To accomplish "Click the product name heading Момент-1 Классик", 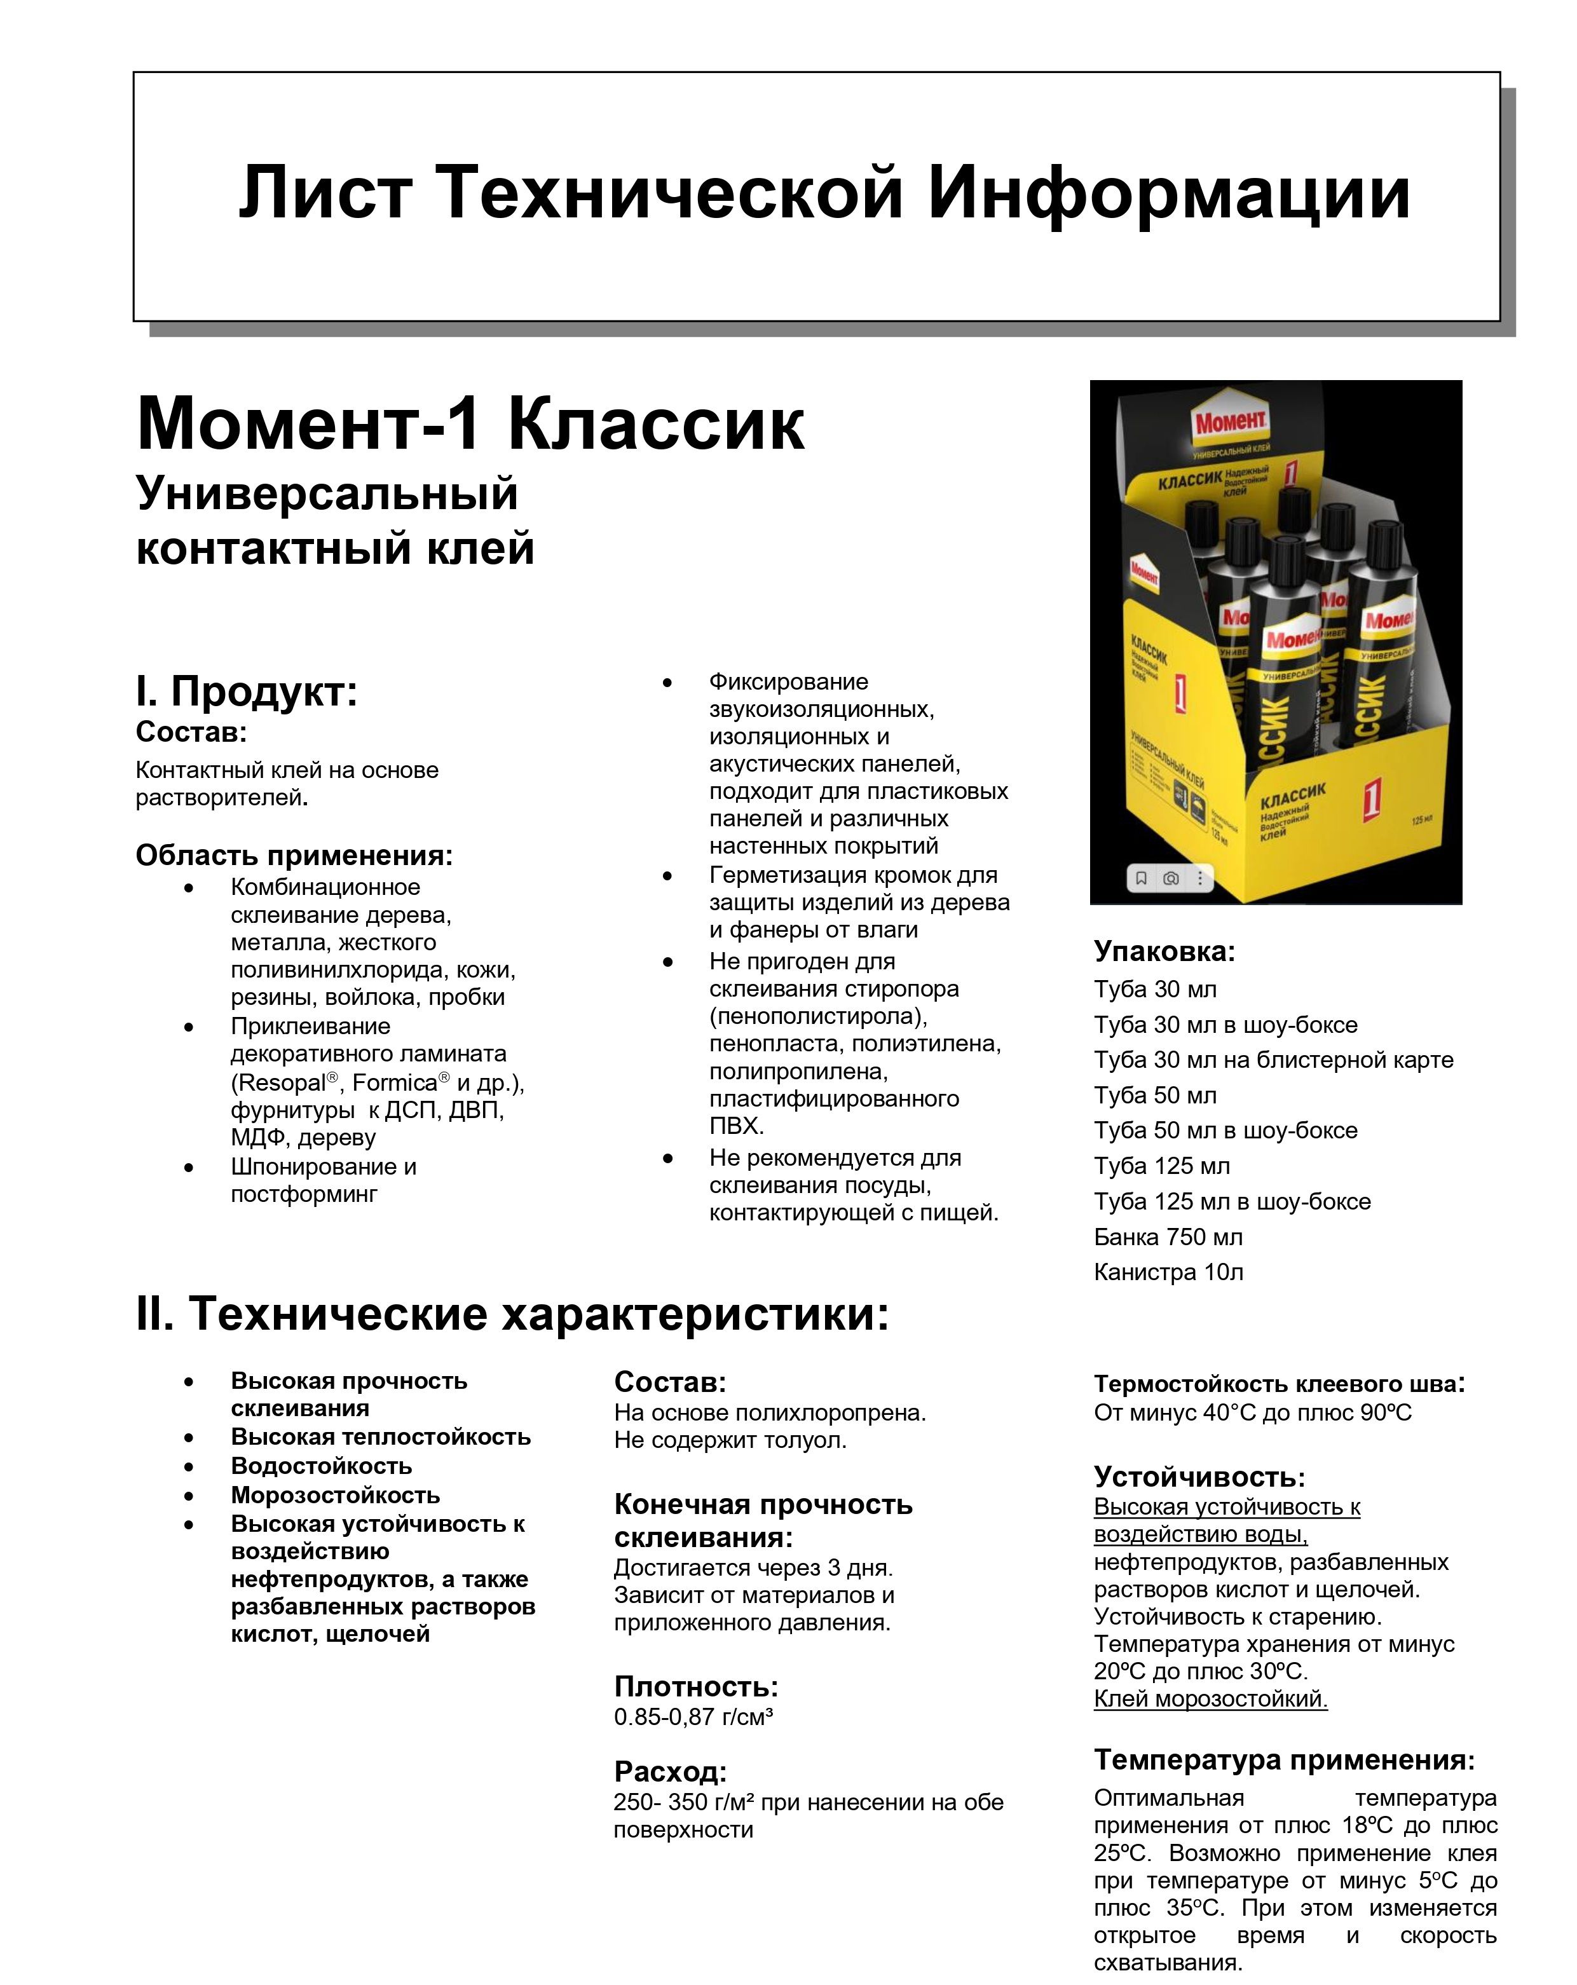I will [470, 425].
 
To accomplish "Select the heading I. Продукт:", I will [246, 690].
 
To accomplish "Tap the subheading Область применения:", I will [294, 856].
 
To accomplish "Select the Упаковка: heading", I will [1164, 951].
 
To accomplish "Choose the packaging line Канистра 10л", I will [1167, 1272].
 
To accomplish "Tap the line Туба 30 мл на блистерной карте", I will [1273, 1060].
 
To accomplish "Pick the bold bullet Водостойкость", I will [320, 1466].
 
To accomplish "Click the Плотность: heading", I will [695, 1687].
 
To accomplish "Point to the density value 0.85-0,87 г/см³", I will [692, 1717].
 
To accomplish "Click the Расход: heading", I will [669, 1771].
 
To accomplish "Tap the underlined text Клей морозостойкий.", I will [1210, 1699].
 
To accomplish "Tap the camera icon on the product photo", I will [1170, 878].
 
